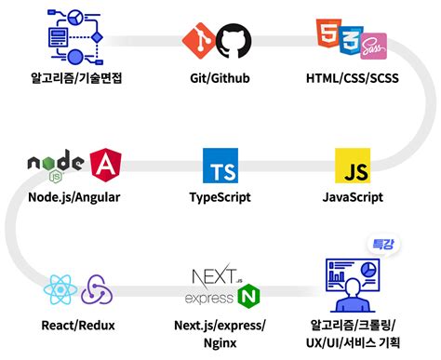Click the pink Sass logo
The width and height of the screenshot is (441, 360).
(374, 44)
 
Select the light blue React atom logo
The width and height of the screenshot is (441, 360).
(59, 291)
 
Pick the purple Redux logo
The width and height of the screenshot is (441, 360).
(97, 291)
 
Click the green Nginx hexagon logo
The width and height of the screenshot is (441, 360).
(248, 297)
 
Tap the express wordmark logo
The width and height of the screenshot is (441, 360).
(208, 299)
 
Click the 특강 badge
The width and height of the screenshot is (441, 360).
(382, 244)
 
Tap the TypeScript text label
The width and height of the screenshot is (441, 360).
(220, 197)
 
